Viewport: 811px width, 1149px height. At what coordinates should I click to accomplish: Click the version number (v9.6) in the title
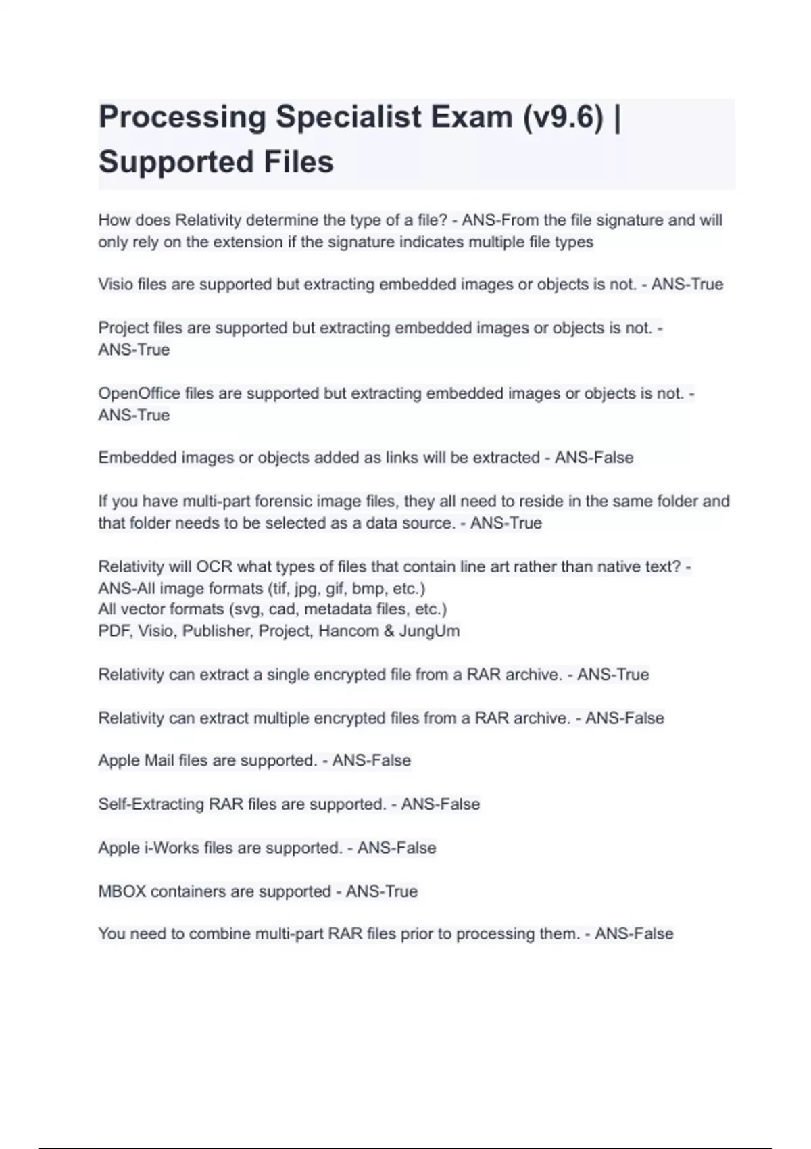[562, 117]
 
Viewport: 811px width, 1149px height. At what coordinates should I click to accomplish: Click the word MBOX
[122, 891]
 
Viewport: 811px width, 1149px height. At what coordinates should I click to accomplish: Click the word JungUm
[429, 631]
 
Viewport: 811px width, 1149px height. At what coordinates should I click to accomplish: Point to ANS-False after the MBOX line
[634, 934]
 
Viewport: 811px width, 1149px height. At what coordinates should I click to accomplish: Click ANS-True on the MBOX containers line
[382, 891]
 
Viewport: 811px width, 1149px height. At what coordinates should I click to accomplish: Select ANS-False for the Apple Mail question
[371, 760]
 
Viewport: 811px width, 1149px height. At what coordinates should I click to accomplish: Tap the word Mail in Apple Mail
[159, 760]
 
